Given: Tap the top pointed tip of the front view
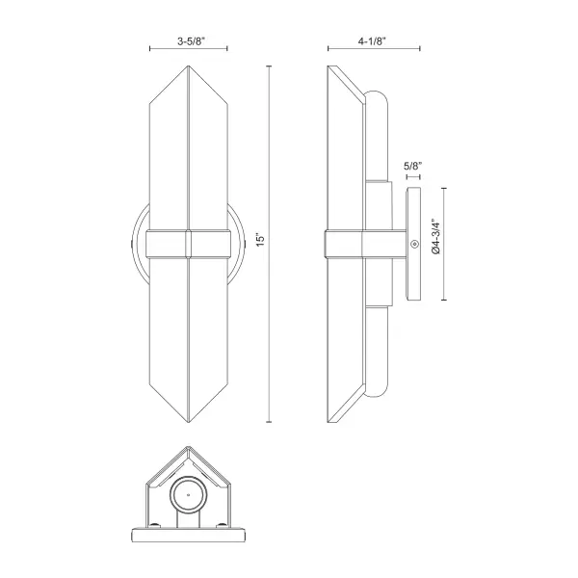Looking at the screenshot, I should [188, 67].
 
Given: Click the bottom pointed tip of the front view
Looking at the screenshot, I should [188, 421].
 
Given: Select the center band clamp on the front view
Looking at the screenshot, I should [188, 244].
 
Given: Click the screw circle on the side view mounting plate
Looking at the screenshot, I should [412, 244].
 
